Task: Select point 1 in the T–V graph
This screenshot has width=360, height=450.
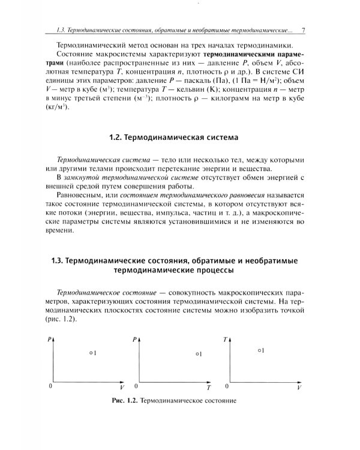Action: pos(258,350)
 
